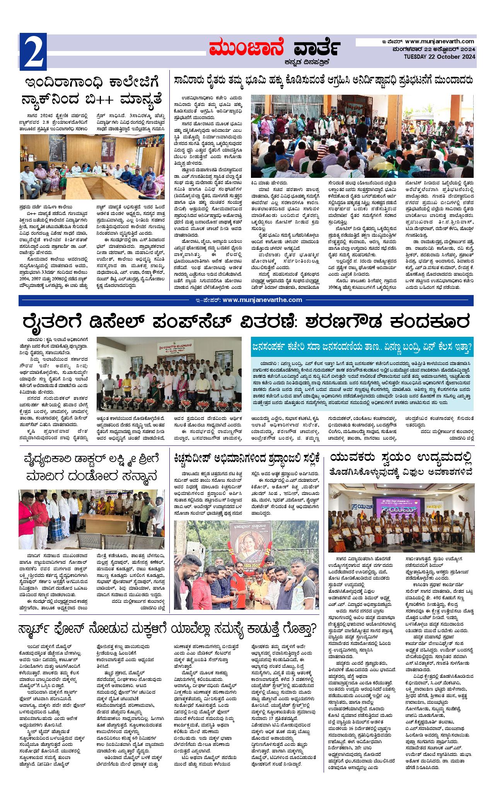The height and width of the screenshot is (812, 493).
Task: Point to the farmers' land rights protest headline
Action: [x=323, y=80]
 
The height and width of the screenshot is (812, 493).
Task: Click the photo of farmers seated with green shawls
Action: [x=362, y=135]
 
